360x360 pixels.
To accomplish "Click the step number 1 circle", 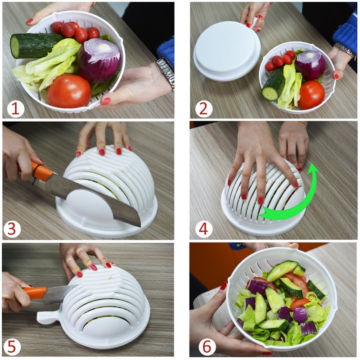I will pos(16,108).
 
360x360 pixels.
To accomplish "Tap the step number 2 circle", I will pos(203,108).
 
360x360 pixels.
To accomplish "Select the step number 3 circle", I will pos(12,229).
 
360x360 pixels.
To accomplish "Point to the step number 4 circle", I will pos(203,229).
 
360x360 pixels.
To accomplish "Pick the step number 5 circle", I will pos(12,347).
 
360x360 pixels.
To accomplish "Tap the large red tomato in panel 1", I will pos(69,91).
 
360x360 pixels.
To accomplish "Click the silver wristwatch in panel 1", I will pos(166,72).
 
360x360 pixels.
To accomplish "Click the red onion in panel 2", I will pos(310,65).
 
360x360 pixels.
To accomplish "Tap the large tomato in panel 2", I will pos(311,94).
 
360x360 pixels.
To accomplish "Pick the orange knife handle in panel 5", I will pos(35,292).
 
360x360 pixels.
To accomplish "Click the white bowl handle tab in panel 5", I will pos(45,317).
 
